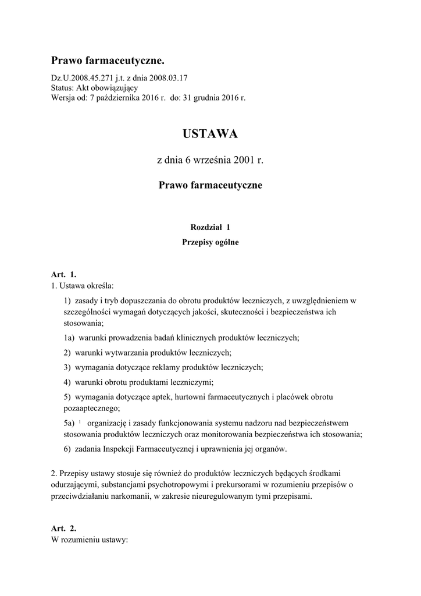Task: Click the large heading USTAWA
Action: [210, 134]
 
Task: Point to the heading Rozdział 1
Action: [210, 227]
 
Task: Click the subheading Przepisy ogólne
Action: [210, 243]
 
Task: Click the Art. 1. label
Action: [63, 274]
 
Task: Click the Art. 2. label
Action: [63, 528]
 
